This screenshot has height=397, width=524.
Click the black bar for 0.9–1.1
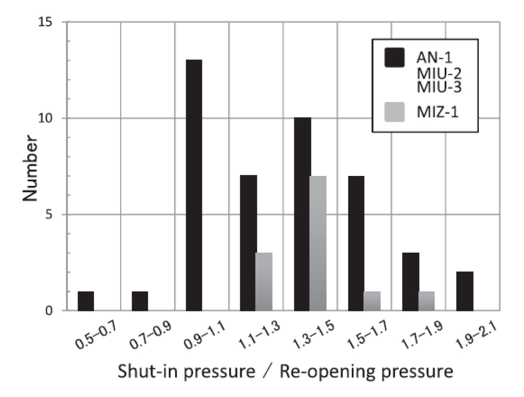point(194,185)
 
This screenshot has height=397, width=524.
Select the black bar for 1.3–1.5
point(302,214)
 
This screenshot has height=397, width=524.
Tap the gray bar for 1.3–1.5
point(318,243)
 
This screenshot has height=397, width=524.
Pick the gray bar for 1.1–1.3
point(264,281)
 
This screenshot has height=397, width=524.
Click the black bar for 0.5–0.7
point(85,301)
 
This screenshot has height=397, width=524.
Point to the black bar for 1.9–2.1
point(465,291)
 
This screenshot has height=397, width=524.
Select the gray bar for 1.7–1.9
point(426,301)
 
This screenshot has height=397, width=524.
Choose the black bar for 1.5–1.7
point(356,243)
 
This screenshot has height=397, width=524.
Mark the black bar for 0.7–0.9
point(140,301)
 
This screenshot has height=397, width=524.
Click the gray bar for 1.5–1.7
point(372,301)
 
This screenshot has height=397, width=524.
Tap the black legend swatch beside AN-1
point(394,57)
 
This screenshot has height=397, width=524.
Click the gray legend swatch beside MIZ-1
point(394,112)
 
